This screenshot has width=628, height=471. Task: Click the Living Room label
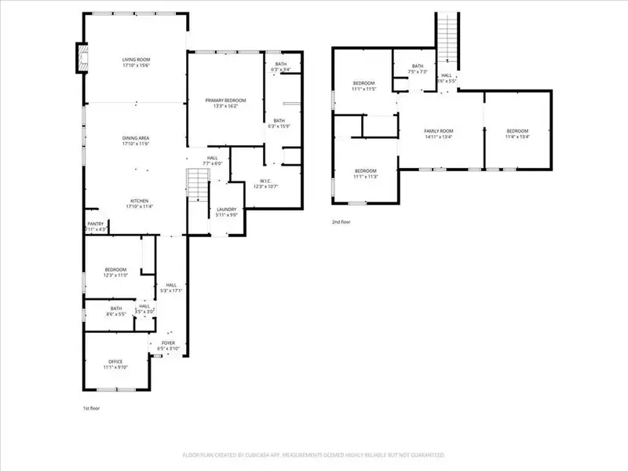pos(136,63)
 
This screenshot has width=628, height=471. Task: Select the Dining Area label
pos(136,141)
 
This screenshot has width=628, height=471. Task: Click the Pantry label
pos(95,226)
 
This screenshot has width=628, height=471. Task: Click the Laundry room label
pos(228,212)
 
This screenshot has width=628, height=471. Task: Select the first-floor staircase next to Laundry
pos(196,187)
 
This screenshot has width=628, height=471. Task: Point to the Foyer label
pos(170,345)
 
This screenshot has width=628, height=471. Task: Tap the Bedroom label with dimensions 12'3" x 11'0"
pos(115,272)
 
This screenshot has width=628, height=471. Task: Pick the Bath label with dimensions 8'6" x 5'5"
pos(116,312)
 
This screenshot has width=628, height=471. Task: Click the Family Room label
pos(439,133)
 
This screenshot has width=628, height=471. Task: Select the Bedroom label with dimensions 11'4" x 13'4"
pos(517,133)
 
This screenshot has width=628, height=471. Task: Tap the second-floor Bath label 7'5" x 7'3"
pos(418,69)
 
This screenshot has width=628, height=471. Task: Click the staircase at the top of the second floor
pos(447,39)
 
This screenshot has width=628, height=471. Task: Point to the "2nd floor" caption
pos(341,222)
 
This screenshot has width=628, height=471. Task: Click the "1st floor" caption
pos(91,408)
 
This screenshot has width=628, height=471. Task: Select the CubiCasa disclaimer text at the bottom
pos(314,455)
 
